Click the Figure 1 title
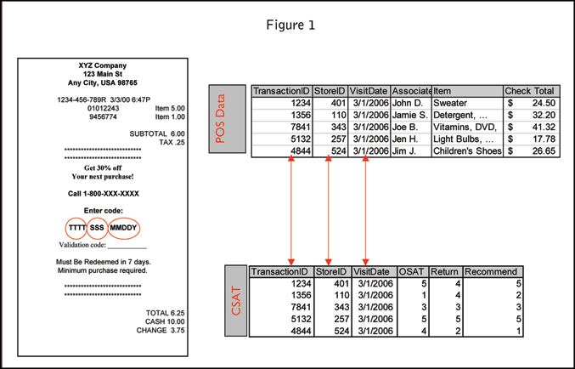click(x=290, y=25)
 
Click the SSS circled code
click(x=98, y=229)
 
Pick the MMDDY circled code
click(x=123, y=229)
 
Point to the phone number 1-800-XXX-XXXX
click(x=104, y=194)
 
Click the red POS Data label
click(x=222, y=119)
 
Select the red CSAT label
click(x=238, y=303)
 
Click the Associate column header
click(x=411, y=91)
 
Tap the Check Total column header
click(x=529, y=91)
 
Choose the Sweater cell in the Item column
click(x=451, y=103)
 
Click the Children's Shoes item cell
click(x=467, y=151)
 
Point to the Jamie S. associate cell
click(x=409, y=115)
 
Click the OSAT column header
click(x=411, y=272)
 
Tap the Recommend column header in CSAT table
click(x=492, y=272)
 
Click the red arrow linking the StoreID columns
click(x=329, y=208)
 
